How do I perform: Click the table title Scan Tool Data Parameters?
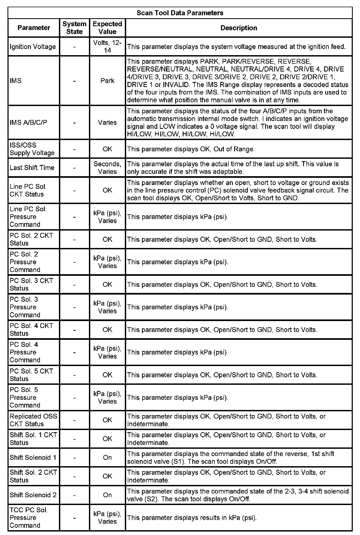[x=180, y=13]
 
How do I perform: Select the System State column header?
[x=74, y=28]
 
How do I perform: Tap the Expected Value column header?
[x=107, y=28]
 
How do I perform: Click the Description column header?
[x=238, y=28]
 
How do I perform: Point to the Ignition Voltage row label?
[x=33, y=47]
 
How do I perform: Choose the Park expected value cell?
[x=107, y=81]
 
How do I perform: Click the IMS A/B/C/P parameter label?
[x=28, y=122]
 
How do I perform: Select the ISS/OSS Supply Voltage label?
[x=32, y=149]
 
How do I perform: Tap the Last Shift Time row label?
[x=32, y=168]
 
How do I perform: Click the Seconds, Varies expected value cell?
[x=107, y=168]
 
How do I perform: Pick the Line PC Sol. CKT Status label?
[x=28, y=190]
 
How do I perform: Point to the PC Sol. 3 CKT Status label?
[x=31, y=284]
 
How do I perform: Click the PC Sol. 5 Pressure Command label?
[x=25, y=397]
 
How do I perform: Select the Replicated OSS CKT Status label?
[x=33, y=420]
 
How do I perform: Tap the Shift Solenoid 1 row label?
[x=33, y=457]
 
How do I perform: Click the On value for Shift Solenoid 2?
[x=107, y=495]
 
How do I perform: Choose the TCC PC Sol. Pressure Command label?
[x=28, y=518]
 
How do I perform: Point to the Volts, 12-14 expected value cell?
[x=107, y=47]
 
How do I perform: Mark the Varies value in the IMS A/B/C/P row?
[x=107, y=122]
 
